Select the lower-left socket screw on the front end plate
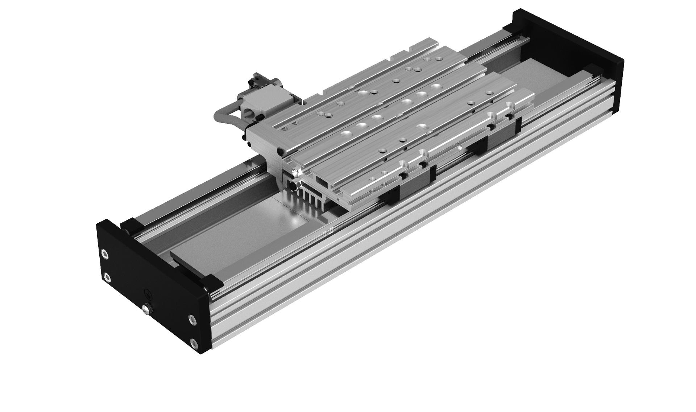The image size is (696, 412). pos(106,277)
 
